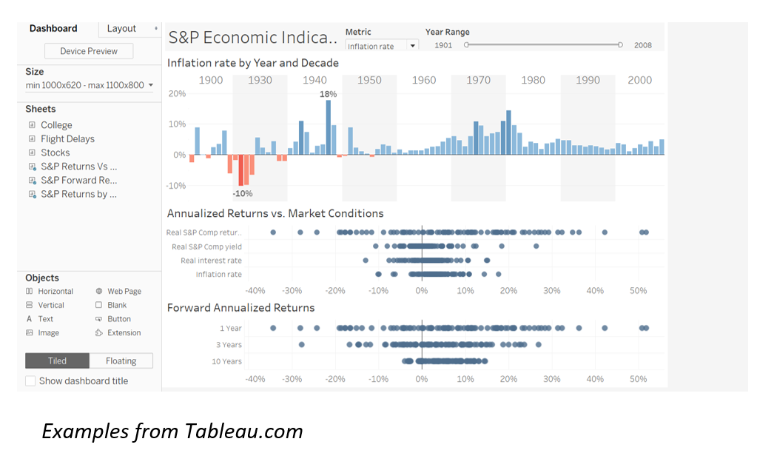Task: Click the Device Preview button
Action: point(88,51)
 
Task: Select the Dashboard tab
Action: point(53,28)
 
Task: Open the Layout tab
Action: point(121,28)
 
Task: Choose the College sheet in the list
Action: point(56,125)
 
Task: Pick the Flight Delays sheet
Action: point(67,138)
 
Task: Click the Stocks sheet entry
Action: point(55,152)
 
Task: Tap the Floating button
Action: point(121,361)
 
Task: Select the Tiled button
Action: point(57,361)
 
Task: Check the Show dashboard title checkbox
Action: point(30,380)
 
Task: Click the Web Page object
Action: point(124,292)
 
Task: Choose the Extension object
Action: point(124,333)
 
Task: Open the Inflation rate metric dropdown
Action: point(381,46)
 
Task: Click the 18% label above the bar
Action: point(328,94)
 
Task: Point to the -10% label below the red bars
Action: point(242,193)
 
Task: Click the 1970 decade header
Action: point(478,80)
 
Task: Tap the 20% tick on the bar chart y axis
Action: point(177,94)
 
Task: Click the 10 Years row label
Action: point(226,361)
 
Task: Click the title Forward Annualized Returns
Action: point(240,308)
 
